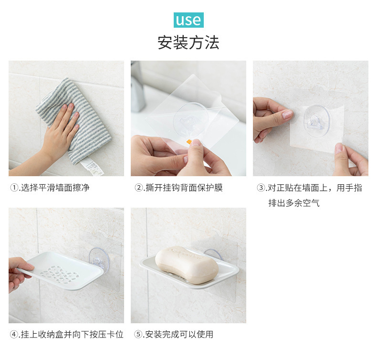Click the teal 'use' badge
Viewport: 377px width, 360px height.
tap(188, 20)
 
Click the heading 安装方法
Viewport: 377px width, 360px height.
tap(188, 42)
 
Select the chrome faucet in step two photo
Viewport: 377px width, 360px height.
tap(137, 88)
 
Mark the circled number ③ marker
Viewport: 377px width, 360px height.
tap(261, 188)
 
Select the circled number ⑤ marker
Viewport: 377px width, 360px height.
tap(138, 334)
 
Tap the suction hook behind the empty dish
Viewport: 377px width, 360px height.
tap(99, 258)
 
